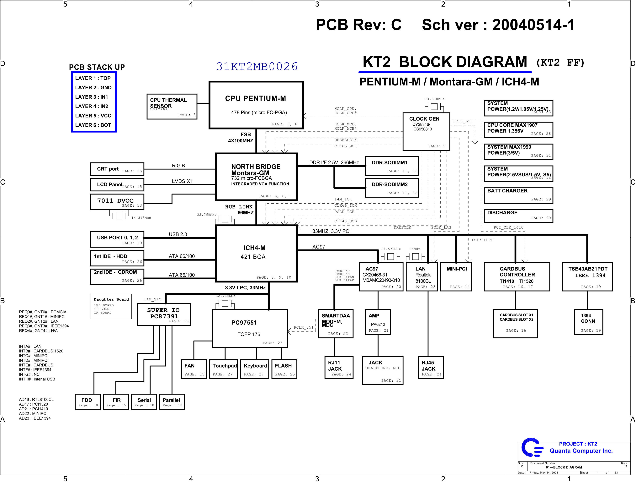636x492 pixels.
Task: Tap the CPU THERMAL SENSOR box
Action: tap(172, 106)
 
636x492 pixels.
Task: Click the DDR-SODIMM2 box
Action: tap(392, 188)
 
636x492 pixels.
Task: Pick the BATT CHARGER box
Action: tap(518, 195)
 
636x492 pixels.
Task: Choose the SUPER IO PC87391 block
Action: tap(164, 314)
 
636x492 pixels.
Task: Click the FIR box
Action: tap(116, 402)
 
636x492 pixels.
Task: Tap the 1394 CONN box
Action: tap(588, 322)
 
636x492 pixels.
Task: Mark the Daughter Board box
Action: tap(111, 306)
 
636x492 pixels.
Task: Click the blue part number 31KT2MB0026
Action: tap(257, 66)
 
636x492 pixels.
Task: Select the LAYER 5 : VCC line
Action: tap(93, 116)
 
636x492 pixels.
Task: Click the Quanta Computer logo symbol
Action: tap(532, 447)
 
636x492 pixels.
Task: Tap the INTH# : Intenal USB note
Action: tap(37, 379)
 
